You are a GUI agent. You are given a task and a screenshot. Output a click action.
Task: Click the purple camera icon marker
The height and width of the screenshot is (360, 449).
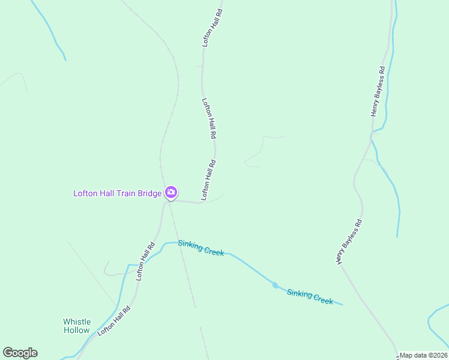tap(171, 193)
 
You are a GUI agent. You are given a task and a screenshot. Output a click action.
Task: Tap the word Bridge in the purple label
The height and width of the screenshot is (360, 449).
tap(148, 193)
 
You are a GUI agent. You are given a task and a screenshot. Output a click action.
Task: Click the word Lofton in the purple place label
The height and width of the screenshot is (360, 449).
tap(85, 193)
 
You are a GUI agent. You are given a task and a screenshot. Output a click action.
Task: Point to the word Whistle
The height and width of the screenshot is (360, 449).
tap(77, 322)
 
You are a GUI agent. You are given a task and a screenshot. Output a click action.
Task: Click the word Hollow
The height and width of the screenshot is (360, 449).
tap(77, 330)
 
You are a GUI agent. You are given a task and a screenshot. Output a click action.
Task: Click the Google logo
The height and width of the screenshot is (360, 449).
tap(20, 353)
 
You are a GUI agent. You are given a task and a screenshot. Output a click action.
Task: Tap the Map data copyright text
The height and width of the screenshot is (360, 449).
tap(423, 355)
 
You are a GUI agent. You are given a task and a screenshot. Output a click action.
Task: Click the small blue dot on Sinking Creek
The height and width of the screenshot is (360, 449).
tap(276, 285)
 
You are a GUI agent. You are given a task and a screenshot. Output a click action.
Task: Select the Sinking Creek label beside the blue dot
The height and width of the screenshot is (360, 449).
tap(310, 296)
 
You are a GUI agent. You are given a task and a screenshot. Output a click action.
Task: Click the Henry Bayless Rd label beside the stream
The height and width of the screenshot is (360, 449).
tap(378, 91)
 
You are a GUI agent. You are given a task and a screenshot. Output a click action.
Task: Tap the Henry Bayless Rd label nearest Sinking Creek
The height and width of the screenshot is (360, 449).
tap(349, 242)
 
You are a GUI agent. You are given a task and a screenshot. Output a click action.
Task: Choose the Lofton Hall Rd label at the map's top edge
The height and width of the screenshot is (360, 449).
tap(212, 27)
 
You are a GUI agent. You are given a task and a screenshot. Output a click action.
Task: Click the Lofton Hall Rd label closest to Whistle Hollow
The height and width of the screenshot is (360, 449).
tap(114, 320)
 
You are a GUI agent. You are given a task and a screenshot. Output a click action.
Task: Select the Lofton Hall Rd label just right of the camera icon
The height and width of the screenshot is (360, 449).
tap(208, 179)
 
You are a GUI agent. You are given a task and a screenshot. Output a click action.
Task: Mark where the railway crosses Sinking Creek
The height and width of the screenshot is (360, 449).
tap(178, 242)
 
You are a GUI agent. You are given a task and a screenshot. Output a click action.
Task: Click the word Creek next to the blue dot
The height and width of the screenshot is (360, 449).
tap(323, 300)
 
